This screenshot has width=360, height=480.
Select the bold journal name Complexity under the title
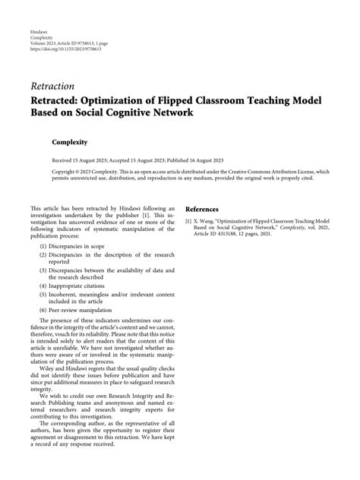(71, 142)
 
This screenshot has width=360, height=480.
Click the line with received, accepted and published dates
(127, 162)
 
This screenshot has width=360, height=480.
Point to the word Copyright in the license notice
(43, 173)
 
